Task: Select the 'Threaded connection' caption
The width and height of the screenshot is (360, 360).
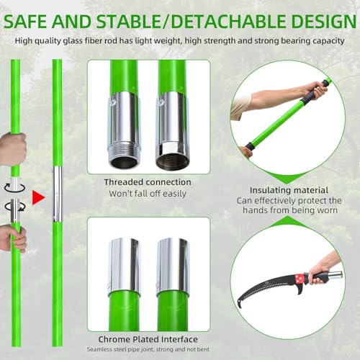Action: pyautogui.click(x=147, y=182)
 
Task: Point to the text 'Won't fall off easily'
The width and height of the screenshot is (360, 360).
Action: pyautogui.click(x=147, y=194)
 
